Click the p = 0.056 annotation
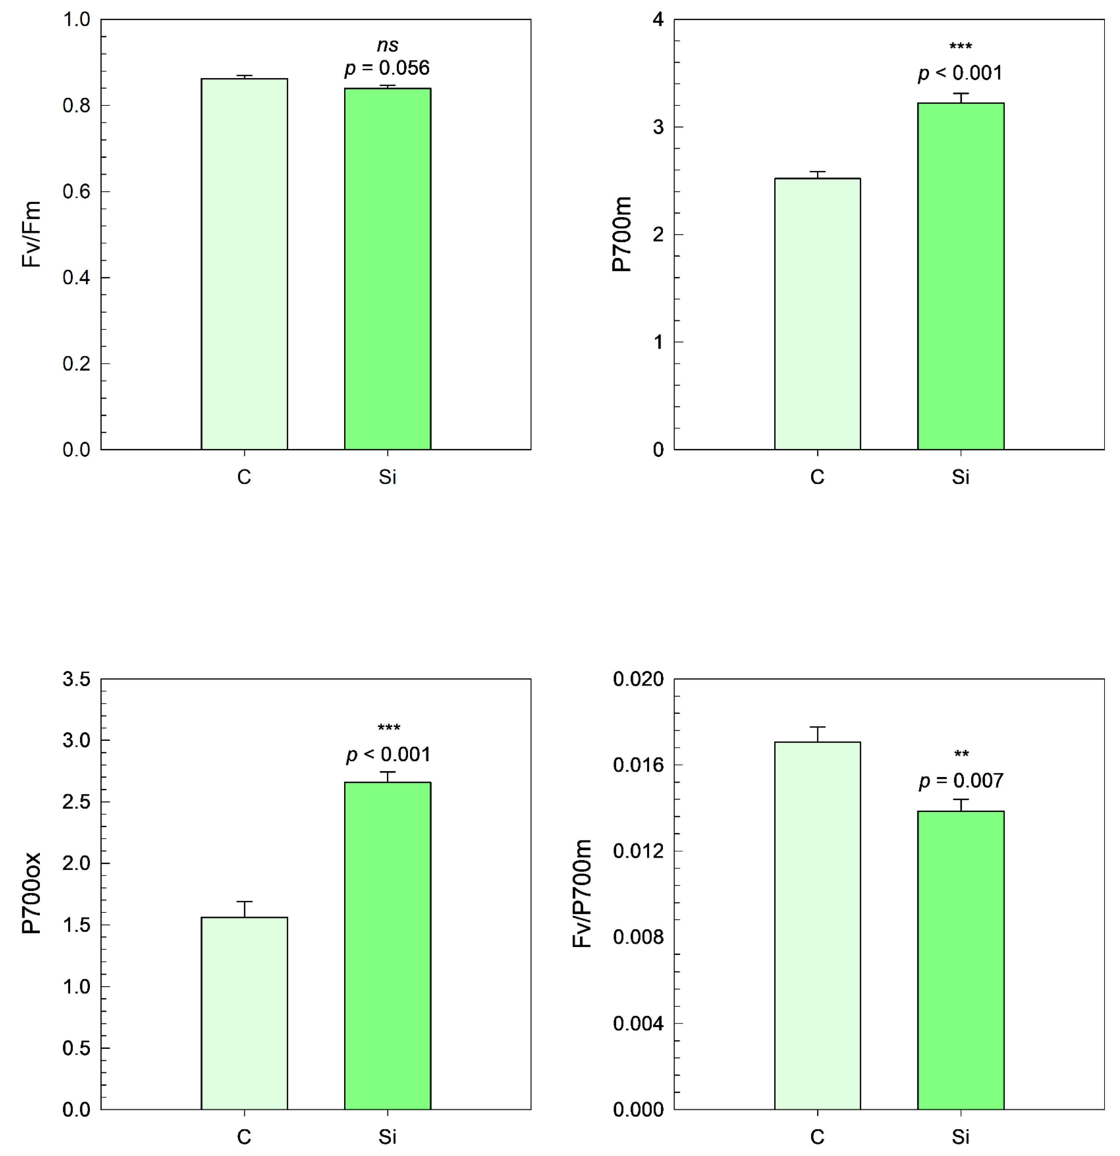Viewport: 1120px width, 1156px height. pyautogui.click(x=387, y=68)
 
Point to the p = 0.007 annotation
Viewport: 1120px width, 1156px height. pyautogui.click(x=961, y=781)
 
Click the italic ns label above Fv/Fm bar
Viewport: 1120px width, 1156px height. pyautogui.click(x=387, y=45)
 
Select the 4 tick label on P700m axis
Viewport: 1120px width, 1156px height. pyautogui.click(x=658, y=20)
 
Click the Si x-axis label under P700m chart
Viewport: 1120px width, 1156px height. pyautogui.click(x=960, y=477)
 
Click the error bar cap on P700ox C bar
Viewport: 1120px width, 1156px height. pyautogui.click(x=244, y=902)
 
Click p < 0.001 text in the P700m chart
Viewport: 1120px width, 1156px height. pyautogui.click(x=960, y=73)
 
